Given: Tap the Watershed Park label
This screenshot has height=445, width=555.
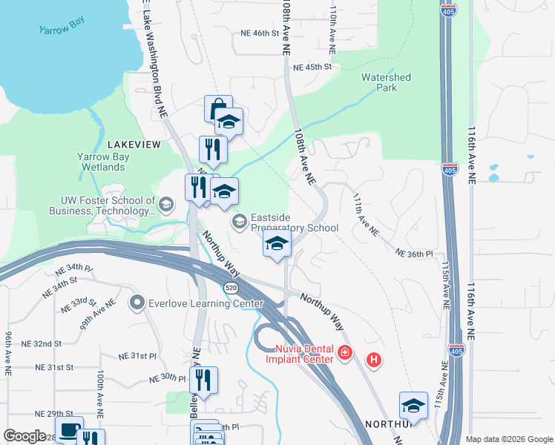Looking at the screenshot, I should [x=386, y=82].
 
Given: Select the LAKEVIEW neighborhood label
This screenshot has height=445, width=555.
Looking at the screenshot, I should [x=134, y=145].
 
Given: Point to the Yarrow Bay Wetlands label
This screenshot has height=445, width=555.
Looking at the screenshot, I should [x=104, y=162].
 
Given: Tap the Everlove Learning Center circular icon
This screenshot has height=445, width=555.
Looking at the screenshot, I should [x=137, y=303].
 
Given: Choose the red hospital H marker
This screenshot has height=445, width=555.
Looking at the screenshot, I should [x=374, y=360].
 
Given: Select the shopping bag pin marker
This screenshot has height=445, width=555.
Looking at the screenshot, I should [x=217, y=109].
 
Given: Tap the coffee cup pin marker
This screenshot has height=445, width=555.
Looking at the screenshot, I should [x=70, y=431].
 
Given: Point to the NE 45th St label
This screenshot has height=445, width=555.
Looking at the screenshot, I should [x=312, y=67].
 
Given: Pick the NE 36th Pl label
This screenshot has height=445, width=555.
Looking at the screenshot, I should [x=414, y=254].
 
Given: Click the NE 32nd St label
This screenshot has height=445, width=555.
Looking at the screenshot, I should [x=36, y=344].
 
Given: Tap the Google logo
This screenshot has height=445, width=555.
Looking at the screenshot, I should [x=24, y=436].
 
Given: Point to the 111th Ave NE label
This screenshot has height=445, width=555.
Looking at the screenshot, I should [x=367, y=216].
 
